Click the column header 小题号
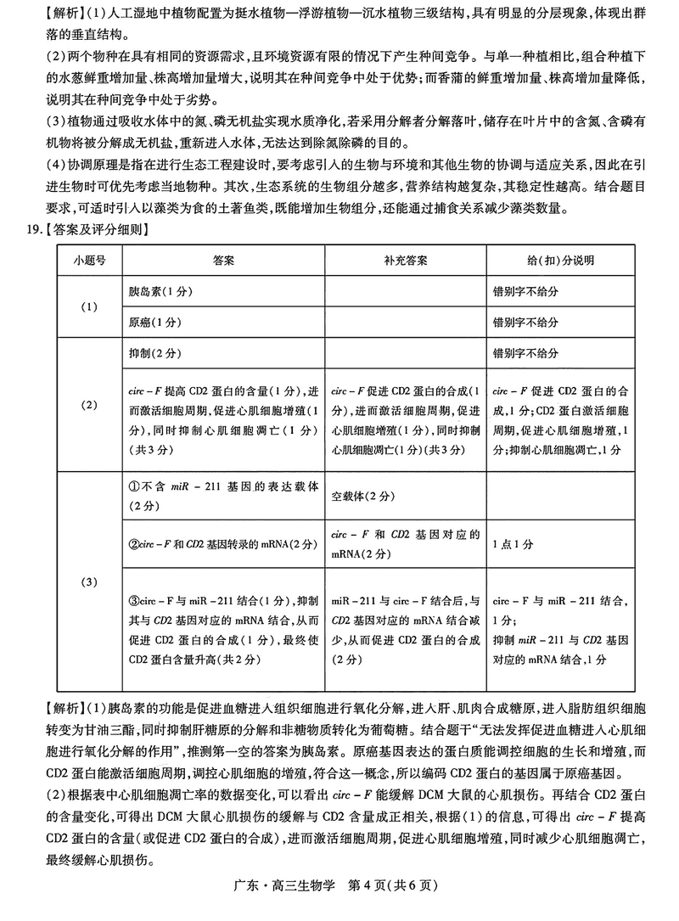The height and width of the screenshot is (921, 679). (x=88, y=260)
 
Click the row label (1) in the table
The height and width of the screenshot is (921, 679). (x=88, y=306)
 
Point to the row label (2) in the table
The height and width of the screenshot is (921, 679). (x=88, y=405)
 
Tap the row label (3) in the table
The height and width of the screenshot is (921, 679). (x=88, y=582)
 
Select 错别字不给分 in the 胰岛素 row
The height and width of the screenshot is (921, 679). (x=525, y=291)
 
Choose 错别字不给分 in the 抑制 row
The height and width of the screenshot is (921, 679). (x=525, y=353)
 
